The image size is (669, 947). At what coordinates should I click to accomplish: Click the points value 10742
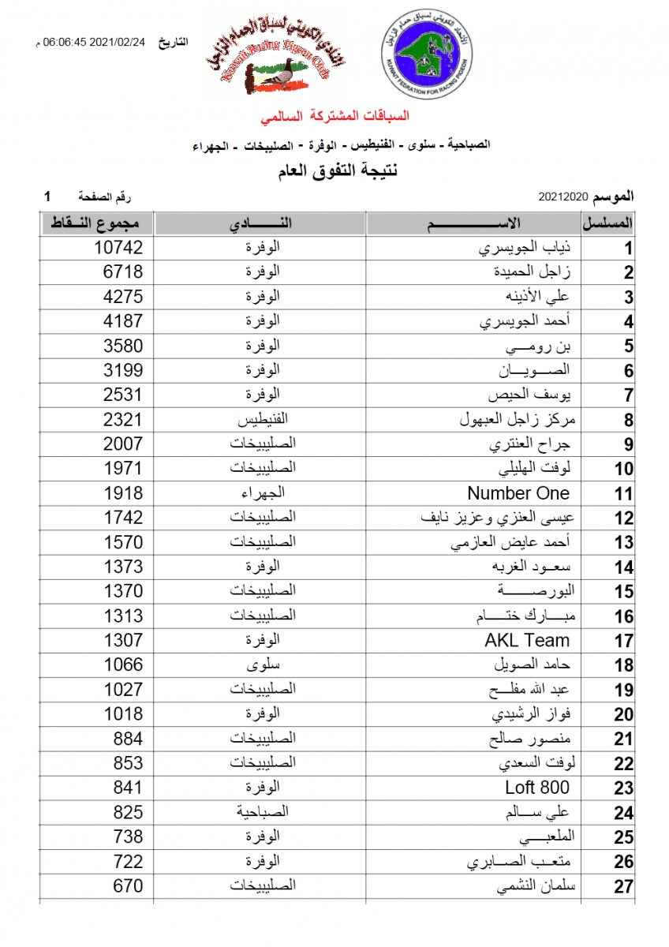tap(118, 248)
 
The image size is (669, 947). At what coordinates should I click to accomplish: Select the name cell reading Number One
tap(518, 494)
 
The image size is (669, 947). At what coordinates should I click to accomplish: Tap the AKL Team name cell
tap(526, 641)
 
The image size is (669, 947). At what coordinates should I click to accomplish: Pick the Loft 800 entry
tap(536, 788)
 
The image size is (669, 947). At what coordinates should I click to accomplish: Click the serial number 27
tap(624, 887)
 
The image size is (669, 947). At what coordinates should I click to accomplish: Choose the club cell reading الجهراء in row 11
tap(261, 494)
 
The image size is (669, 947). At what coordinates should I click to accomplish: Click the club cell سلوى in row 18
tap(261, 665)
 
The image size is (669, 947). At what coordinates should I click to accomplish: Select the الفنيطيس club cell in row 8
tap(261, 420)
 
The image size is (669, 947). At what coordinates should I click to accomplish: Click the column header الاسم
tap(473, 223)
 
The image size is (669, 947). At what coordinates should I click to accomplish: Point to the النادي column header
tap(261, 223)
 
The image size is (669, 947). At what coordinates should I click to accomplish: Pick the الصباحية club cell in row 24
tap(261, 812)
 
